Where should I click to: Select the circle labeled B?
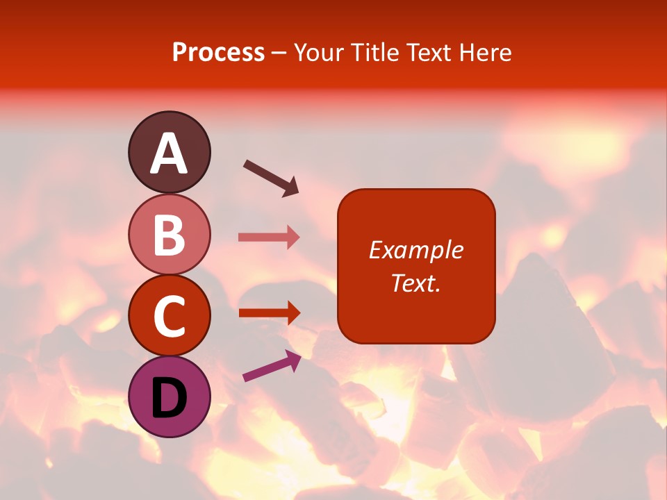169,234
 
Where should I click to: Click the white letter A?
169,154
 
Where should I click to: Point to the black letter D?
169,398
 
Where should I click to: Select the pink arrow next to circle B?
268,237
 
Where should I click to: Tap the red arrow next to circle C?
268,312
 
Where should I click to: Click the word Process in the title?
218,52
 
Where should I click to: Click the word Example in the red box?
416,250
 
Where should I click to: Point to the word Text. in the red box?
416,283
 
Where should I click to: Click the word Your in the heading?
319,52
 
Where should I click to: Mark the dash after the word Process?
279,53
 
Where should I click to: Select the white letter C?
169,316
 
